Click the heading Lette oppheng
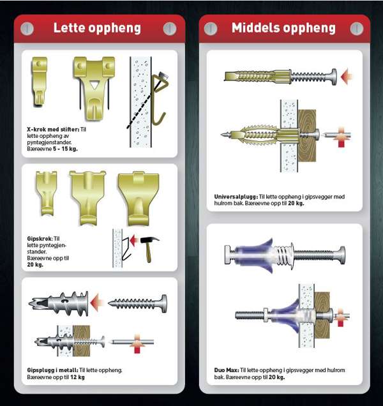tap(97, 28)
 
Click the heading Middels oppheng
tap(283, 28)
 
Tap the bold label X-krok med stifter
tap(53, 129)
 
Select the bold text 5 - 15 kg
tap(65, 149)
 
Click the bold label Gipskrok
tap(40, 239)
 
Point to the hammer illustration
tap(149, 248)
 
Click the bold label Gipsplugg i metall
tap(52, 370)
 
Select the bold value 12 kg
tap(77, 377)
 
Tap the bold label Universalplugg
tap(236, 197)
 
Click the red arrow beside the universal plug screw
tap(347, 77)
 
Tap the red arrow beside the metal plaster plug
tap(97, 302)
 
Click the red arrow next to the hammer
tap(133, 240)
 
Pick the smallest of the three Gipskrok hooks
tap(47, 193)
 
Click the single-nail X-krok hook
tap(40, 81)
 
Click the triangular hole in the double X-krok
tap(94, 85)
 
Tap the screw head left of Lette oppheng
tap(27, 29)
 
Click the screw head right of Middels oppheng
tap(357, 29)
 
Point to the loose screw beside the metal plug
tap(138, 303)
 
